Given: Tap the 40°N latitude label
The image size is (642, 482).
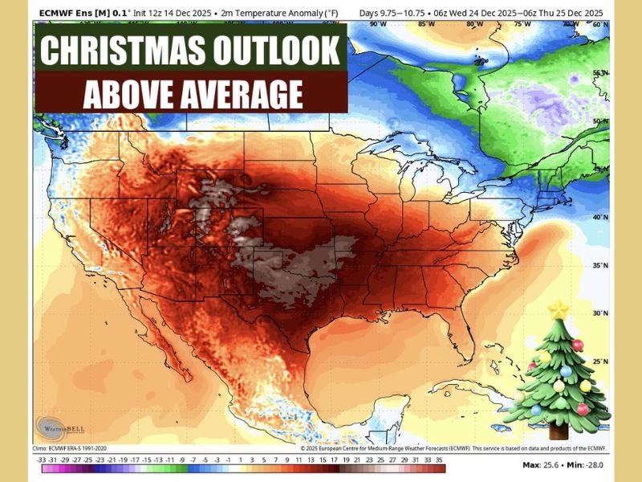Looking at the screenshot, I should click(x=597, y=218).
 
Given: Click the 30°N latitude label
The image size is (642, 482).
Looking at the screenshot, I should click(x=597, y=314).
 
